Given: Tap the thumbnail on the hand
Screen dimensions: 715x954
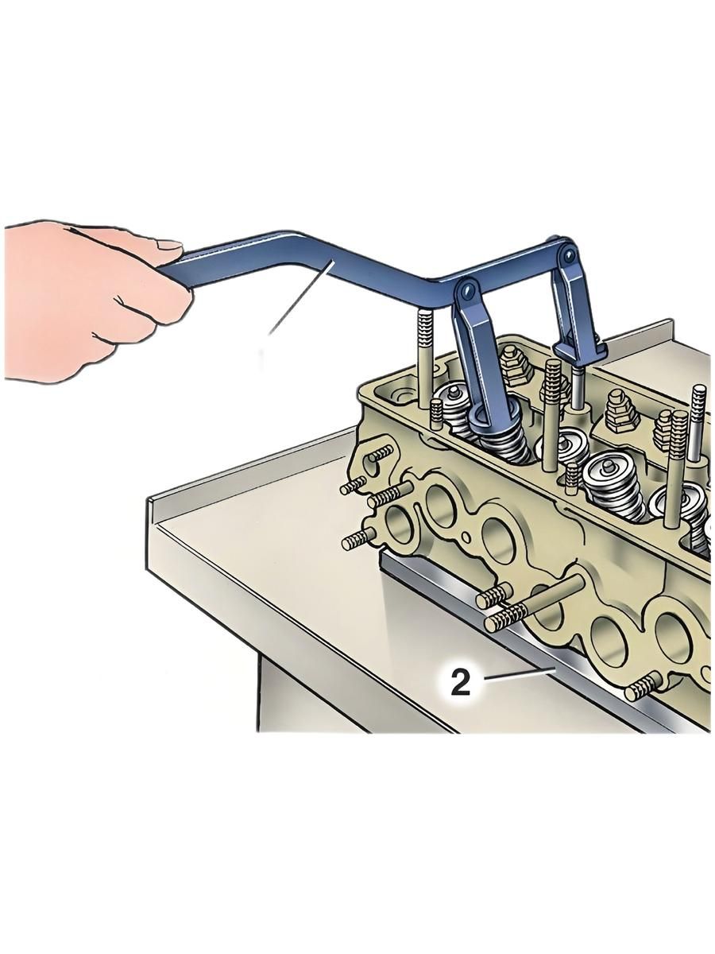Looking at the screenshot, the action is [x=170, y=245].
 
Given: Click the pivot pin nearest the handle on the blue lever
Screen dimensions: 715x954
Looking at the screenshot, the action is [x=466, y=290].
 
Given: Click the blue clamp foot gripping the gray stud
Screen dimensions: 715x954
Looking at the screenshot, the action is [x=578, y=347].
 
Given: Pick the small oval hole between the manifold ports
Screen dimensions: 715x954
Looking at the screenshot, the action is [x=466, y=537].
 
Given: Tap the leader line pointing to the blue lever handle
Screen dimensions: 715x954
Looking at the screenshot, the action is [x=300, y=297].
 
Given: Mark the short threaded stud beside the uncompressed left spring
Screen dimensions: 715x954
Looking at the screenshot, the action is [x=436, y=413].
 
